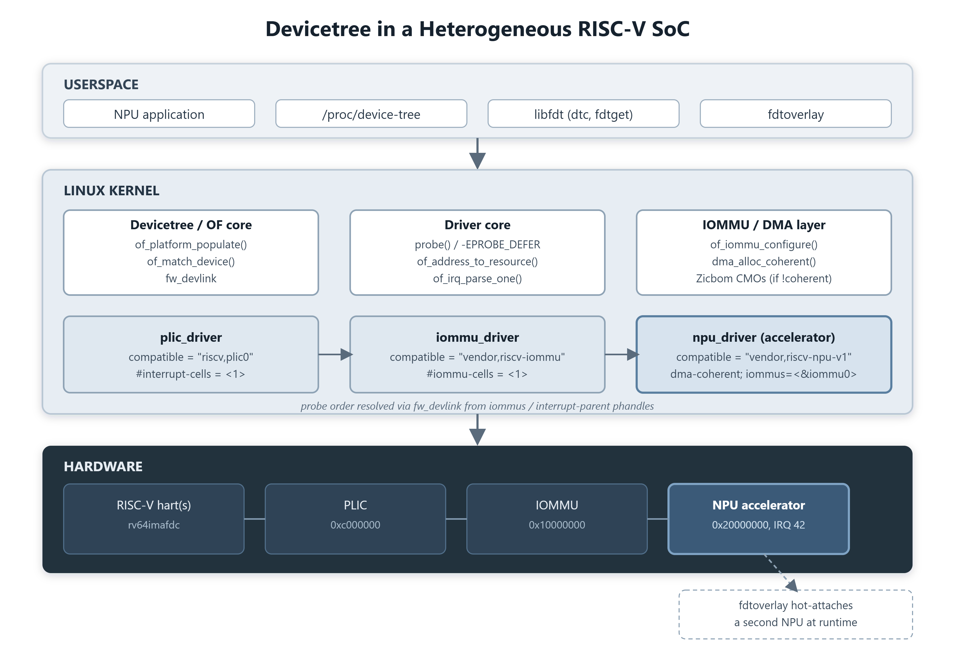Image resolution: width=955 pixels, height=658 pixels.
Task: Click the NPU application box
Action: [159, 114]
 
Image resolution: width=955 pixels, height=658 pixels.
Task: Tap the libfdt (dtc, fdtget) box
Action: [583, 114]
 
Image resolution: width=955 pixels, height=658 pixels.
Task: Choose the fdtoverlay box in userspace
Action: [796, 114]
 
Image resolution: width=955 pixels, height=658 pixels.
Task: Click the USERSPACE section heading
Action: [101, 85]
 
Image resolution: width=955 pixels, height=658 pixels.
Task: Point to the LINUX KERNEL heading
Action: [111, 191]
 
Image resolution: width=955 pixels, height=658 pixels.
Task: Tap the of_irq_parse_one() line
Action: [477, 279]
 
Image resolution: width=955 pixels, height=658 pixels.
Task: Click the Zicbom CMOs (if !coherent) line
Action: [764, 279]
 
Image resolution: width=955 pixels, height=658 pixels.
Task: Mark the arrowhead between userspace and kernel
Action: [477, 161]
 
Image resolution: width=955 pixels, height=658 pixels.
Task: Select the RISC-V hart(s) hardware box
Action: [154, 519]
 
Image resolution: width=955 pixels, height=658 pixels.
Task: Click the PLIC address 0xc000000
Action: [355, 525]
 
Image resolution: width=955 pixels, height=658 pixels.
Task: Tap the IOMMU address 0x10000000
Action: [557, 525]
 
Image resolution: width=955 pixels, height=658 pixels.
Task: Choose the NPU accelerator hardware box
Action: [758, 519]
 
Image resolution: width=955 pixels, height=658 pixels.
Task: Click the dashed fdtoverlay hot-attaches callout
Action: [796, 614]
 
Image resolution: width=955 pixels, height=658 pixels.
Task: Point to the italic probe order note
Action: [477, 406]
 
